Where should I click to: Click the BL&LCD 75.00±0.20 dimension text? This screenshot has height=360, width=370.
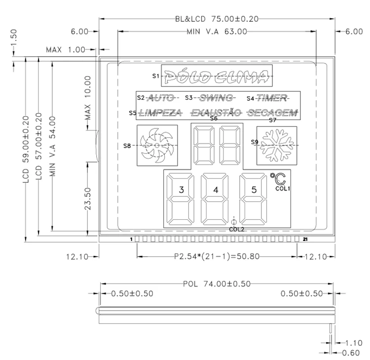pos(217,19)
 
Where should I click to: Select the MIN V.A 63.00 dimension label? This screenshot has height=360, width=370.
pos(217,32)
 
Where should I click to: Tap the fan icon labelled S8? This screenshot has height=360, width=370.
pos(157,145)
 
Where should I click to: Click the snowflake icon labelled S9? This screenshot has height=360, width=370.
pos(276,145)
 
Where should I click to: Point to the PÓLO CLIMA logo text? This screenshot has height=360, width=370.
pos(217,76)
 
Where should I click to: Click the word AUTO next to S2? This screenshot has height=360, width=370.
pos(161,97)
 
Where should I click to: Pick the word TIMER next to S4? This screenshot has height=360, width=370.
pos(271,97)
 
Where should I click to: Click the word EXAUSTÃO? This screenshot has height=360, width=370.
pos(216,113)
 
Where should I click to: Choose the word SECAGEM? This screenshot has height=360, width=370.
pos(273,113)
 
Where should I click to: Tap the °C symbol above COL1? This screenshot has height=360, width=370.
pos(277,178)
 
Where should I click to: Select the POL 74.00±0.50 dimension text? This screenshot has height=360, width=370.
pos(217,283)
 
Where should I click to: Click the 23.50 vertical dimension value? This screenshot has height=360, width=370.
pos(88,198)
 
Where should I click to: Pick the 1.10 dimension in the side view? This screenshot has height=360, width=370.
pos(353,342)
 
